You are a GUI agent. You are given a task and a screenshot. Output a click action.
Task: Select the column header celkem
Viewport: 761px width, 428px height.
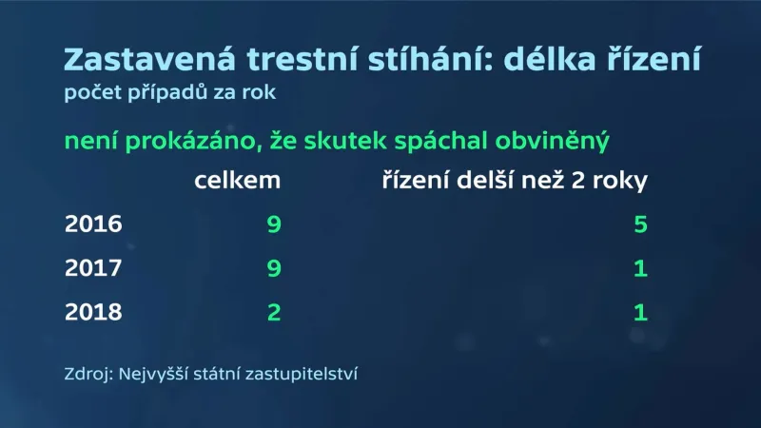[238, 181]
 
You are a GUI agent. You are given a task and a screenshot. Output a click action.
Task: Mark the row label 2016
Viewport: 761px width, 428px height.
[93, 225]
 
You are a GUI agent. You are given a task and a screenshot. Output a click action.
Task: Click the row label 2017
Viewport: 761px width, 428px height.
[93, 269]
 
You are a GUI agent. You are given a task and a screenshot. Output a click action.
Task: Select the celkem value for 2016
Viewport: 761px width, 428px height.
[274, 225]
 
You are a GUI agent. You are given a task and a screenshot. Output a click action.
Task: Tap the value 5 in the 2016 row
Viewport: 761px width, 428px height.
[640, 225]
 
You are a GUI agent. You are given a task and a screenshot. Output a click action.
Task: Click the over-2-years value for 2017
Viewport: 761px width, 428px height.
[640, 269]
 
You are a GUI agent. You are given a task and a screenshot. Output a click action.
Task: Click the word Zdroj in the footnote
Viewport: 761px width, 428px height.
[86, 374]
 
